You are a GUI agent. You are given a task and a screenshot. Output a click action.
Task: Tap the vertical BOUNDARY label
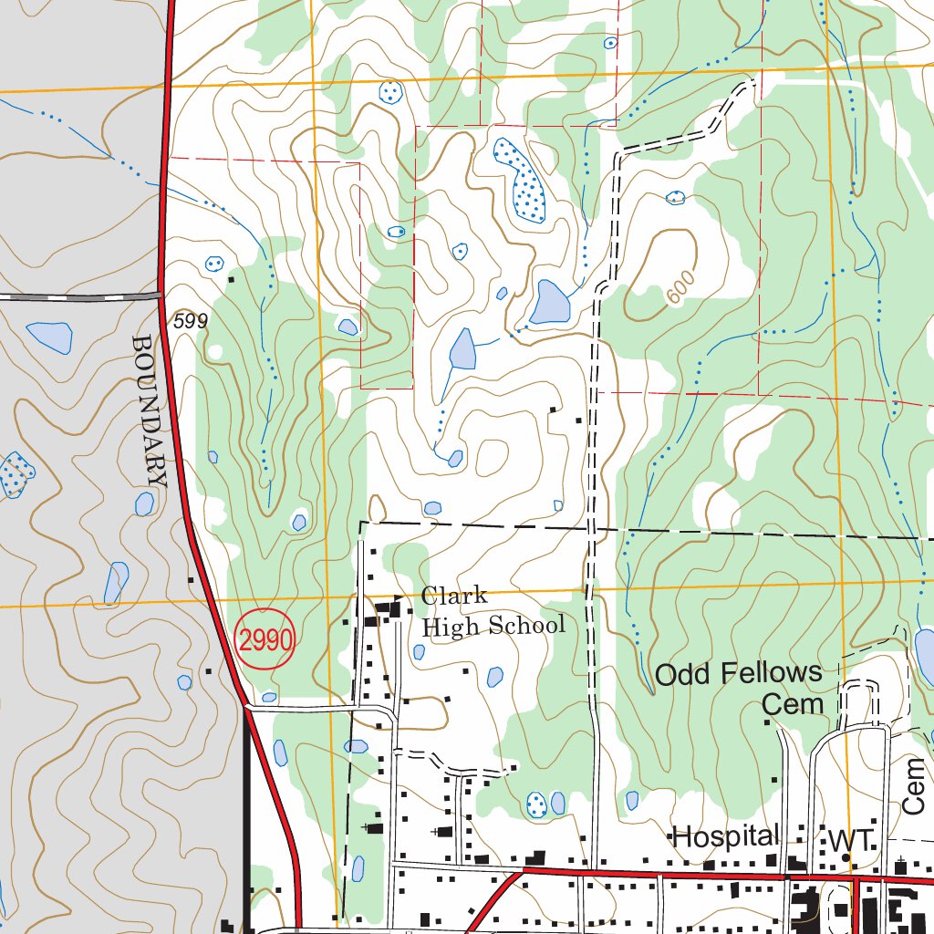pyautogui.click(x=150, y=410)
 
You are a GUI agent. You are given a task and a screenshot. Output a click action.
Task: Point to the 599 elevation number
pyautogui.click(x=191, y=321)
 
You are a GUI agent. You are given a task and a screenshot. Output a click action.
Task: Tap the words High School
pyautogui.click(x=493, y=626)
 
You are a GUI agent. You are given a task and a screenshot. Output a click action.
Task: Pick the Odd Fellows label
pyautogui.click(x=739, y=674)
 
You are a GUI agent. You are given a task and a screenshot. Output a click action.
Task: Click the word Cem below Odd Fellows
pyautogui.click(x=793, y=704)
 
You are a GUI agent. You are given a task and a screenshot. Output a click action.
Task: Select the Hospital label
pyautogui.click(x=725, y=835)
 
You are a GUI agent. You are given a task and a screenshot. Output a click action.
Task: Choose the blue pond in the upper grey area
pyautogui.click(x=50, y=337)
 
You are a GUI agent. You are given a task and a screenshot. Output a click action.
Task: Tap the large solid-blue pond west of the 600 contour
pyautogui.click(x=549, y=303)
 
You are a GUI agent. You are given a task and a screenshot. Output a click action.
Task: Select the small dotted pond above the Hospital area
pyautogui.click(x=537, y=804)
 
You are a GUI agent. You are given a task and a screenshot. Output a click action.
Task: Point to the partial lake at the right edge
pyautogui.click(x=924, y=655)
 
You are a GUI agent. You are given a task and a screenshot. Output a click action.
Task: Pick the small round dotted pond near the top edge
pyautogui.click(x=390, y=92)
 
